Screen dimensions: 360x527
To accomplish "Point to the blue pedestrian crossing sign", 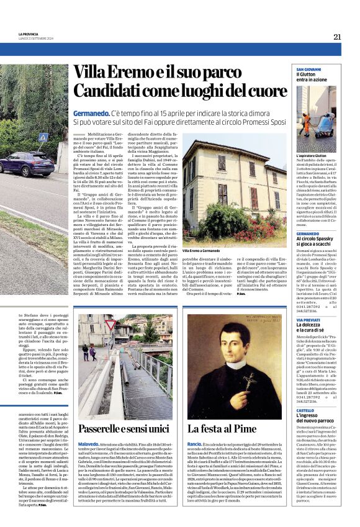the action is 42,137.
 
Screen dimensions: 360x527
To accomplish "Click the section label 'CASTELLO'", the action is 304,411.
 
